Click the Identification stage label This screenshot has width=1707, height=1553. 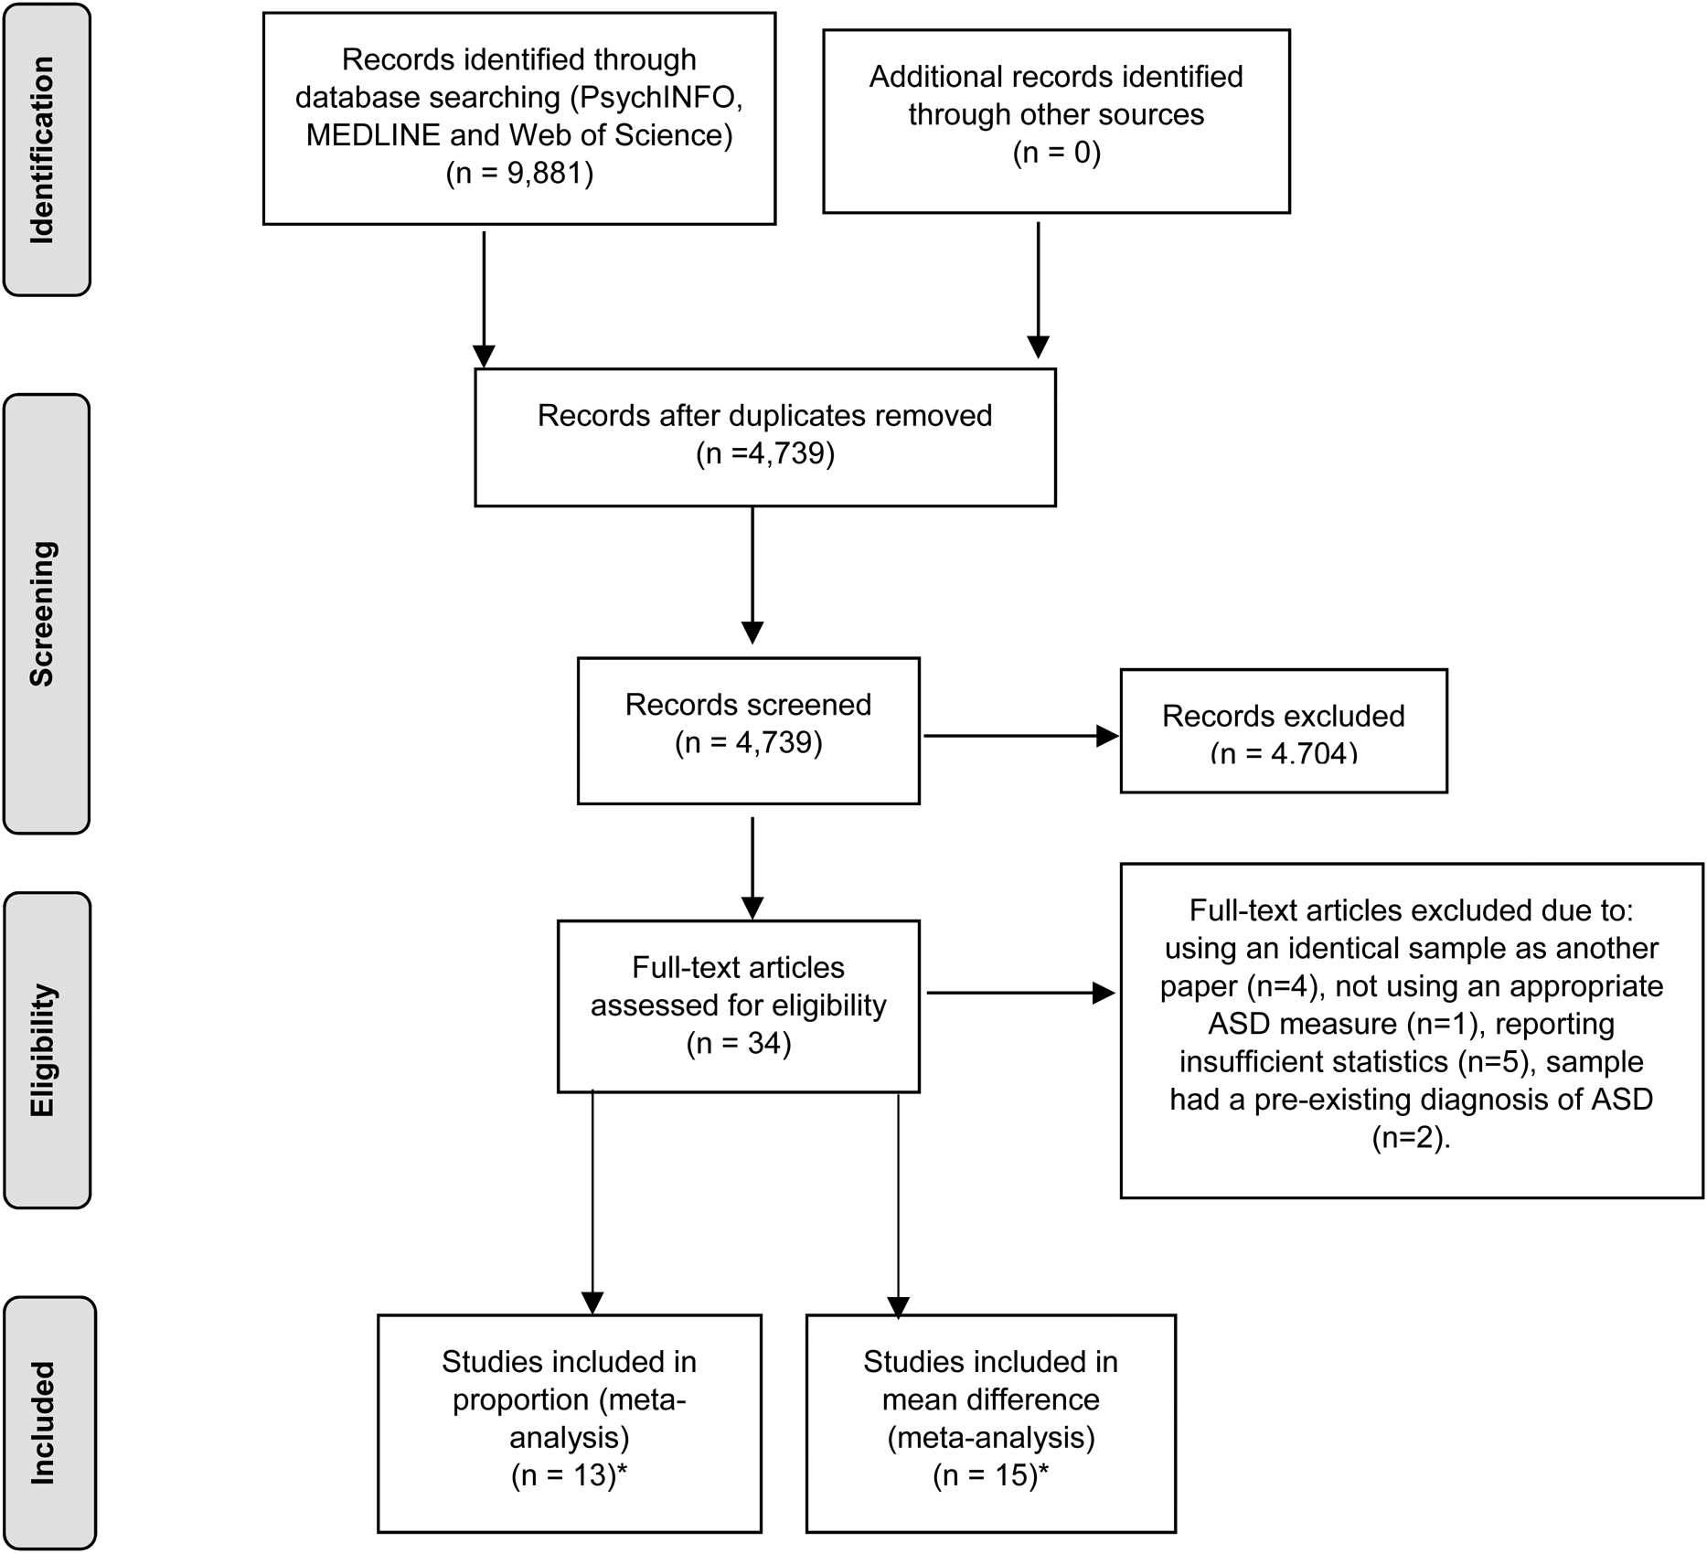(43, 150)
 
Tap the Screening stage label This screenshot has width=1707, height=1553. (43, 613)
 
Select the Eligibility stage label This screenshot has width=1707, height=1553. (43, 1050)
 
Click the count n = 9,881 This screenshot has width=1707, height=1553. (519, 173)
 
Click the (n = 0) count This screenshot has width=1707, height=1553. (1056, 152)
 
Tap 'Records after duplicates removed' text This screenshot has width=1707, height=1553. (764, 415)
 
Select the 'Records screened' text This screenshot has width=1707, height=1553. (748, 704)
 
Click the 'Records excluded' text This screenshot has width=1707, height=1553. (1283, 716)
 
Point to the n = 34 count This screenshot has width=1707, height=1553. (739, 1043)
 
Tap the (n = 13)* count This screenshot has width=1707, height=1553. (569, 1475)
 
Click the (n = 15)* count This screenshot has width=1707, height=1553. (990, 1475)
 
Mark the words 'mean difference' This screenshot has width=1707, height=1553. (990, 1399)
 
